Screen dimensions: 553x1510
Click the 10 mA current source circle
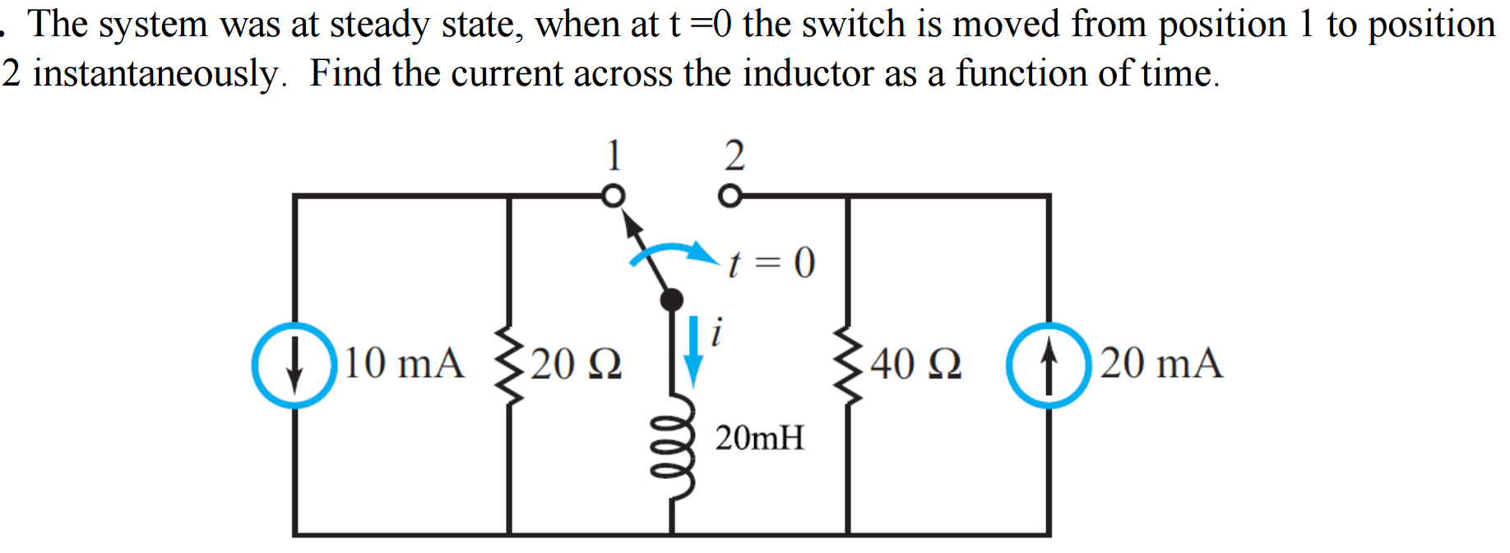click(x=294, y=365)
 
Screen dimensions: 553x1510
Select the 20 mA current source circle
click(x=1049, y=365)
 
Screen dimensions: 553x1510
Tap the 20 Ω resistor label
click(x=576, y=364)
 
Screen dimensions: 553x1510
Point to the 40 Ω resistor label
click(x=915, y=364)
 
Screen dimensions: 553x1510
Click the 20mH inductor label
click(x=759, y=438)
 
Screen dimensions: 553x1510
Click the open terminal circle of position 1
click(x=613, y=197)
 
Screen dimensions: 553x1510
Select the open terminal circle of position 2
click(x=730, y=197)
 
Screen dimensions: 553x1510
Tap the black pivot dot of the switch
click(x=672, y=299)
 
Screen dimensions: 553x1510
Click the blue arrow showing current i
click(x=693, y=351)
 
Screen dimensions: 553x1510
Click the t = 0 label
click(x=771, y=263)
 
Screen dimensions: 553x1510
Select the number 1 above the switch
click(x=614, y=155)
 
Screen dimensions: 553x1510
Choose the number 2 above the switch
click(x=734, y=155)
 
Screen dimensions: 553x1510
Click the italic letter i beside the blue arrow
click(x=716, y=332)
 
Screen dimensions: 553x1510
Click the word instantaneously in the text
click(x=156, y=74)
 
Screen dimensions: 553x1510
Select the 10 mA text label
click(x=403, y=364)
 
